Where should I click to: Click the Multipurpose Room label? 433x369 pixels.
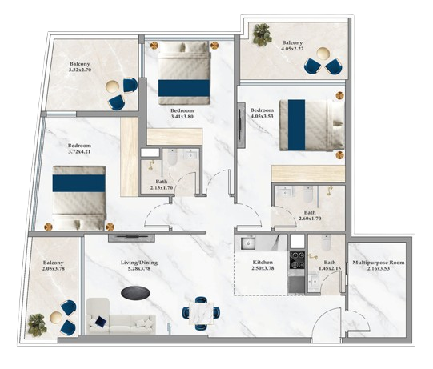tap(379, 263)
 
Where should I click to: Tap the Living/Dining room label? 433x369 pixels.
tap(139, 263)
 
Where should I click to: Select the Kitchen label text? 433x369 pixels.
tap(263, 263)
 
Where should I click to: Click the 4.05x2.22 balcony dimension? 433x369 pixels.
tap(292, 49)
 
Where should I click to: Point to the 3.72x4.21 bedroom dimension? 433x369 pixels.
tap(79, 151)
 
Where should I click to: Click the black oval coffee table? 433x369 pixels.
tap(136, 292)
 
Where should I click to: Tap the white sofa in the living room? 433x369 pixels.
tap(121, 316)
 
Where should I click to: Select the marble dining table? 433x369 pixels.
tap(201, 313)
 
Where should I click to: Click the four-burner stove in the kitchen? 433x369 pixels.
tap(297, 260)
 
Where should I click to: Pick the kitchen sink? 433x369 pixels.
tap(247, 243)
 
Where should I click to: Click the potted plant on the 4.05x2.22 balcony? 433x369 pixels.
tap(262, 34)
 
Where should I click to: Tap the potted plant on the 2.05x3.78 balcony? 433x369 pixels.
tap(38, 325)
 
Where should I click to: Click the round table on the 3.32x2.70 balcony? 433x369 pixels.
tap(113, 86)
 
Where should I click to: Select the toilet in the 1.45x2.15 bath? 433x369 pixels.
tap(326, 243)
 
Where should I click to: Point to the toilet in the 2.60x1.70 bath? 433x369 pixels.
tap(307, 194)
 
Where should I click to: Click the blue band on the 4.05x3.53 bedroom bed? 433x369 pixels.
tap(297, 125)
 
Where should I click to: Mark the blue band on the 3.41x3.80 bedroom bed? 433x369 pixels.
tap(184, 88)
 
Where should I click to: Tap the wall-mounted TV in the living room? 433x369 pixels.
tap(131, 237)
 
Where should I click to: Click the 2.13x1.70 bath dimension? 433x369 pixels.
tap(162, 187)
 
